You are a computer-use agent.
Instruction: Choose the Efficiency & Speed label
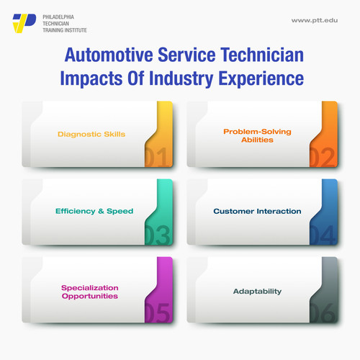94,211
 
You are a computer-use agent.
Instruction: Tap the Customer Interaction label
257,211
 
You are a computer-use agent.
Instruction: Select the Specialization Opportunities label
90,292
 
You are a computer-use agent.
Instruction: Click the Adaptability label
256,292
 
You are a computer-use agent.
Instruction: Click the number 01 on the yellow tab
158,157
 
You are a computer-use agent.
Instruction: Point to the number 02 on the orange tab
323,157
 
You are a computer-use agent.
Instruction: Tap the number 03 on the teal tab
158,235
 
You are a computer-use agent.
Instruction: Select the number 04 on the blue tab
323,235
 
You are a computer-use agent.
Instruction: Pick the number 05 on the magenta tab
158,313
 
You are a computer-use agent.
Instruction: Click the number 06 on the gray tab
323,313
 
